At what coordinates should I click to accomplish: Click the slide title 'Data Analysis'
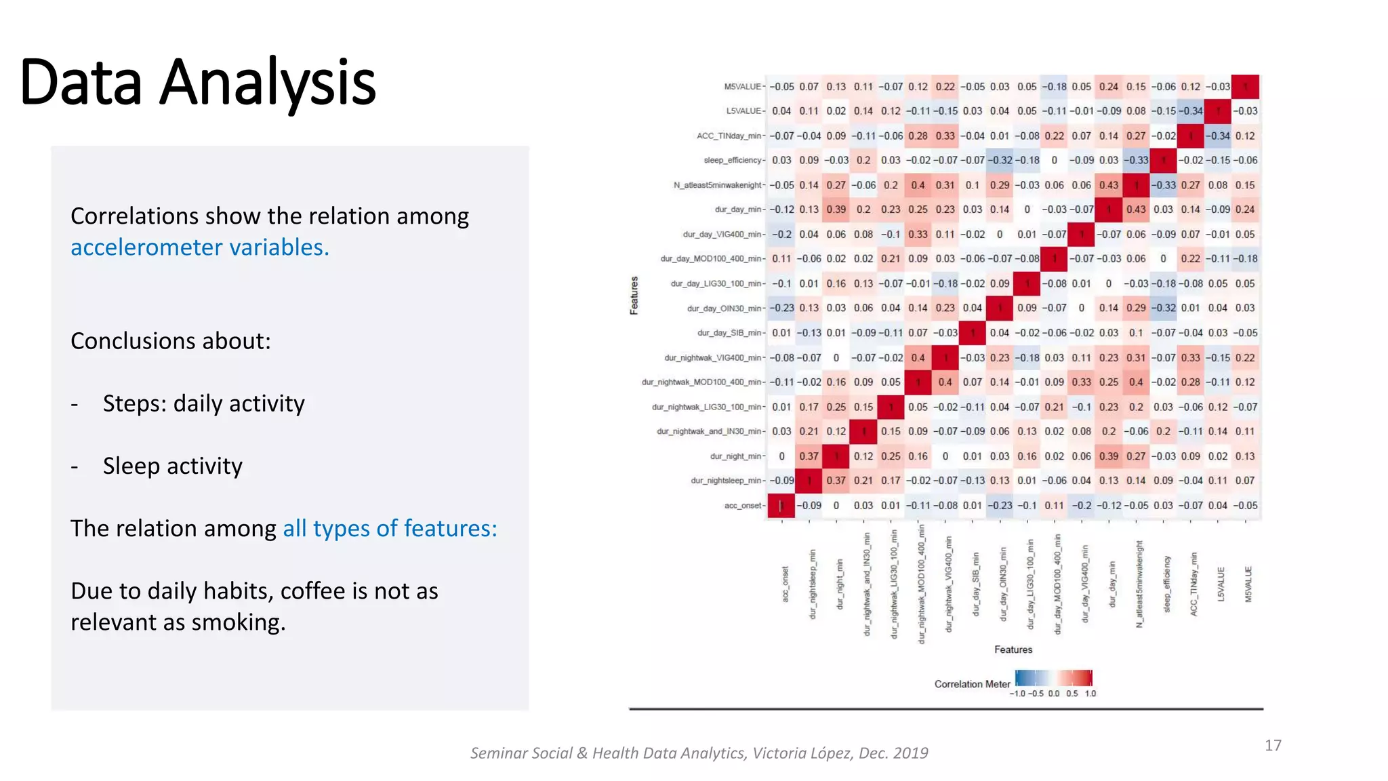click(198, 83)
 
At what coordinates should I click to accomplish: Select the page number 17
click(1273, 745)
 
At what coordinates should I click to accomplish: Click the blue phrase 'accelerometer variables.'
click(200, 247)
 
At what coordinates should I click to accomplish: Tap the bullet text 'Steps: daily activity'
click(203, 403)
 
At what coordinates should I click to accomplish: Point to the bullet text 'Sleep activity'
click(172, 466)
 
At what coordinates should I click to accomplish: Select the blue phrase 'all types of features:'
click(390, 528)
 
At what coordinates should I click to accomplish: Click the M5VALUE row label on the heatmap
click(742, 87)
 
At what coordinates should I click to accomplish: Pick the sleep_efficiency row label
click(733, 161)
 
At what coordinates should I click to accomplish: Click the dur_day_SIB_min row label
click(729, 333)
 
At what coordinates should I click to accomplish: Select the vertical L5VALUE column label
click(1221, 584)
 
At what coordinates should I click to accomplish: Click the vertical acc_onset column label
click(785, 584)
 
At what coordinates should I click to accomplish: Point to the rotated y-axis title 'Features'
click(634, 296)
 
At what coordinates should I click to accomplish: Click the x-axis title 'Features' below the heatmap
click(1013, 649)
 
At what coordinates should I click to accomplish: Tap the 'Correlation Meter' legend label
click(972, 684)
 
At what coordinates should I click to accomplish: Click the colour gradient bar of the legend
click(1054, 678)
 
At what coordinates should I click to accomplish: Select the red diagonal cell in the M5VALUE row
click(1245, 87)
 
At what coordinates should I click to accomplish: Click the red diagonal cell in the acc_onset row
click(781, 506)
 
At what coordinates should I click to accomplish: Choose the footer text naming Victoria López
click(699, 753)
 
